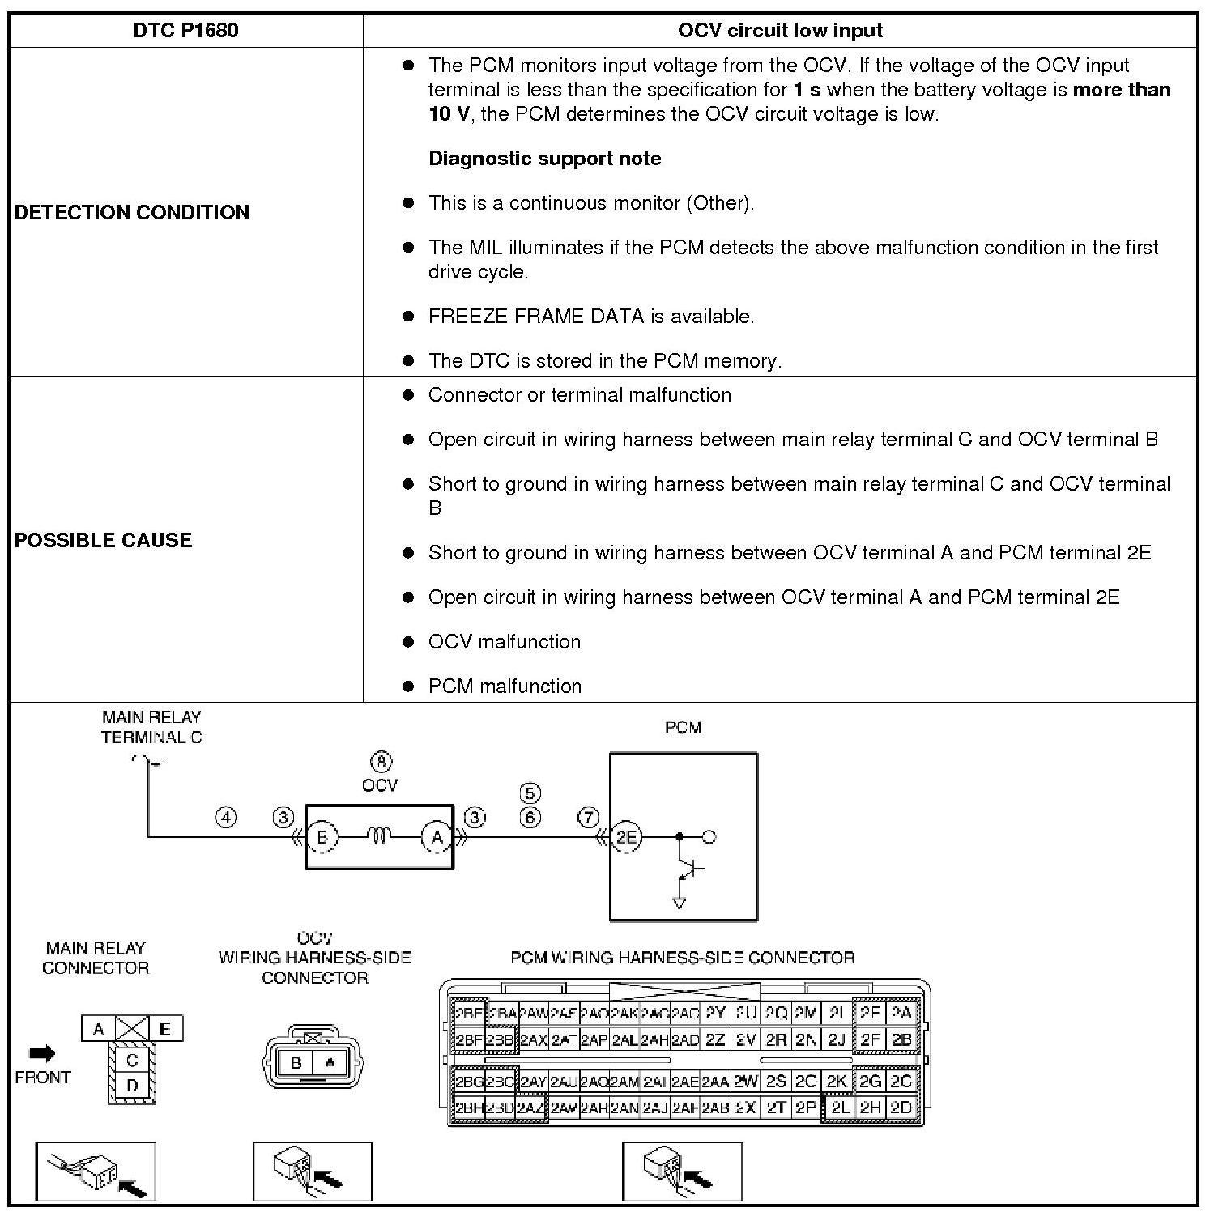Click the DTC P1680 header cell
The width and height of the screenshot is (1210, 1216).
[185, 31]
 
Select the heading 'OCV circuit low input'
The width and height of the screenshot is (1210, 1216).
[779, 31]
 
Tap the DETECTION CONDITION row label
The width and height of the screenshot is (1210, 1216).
[132, 212]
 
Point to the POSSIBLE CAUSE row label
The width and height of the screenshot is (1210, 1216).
[103, 540]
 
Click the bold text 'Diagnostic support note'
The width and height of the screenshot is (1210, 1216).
[544, 159]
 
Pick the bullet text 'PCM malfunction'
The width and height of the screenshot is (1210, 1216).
[505, 687]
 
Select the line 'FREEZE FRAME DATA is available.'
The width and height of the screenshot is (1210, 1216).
[591, 317]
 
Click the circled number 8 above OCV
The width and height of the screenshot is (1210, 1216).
[381, 762]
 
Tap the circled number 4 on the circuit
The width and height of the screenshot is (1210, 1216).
[226, 818]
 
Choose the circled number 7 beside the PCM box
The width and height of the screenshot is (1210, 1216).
[588, 818]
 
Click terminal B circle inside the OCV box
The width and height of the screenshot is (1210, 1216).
[322, 837]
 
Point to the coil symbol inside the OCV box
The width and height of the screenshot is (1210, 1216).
[380, 836]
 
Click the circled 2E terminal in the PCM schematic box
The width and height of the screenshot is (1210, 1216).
[626, 837]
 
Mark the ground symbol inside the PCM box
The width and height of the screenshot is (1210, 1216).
[680, 902]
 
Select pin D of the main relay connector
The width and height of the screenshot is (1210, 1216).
[132, 1086]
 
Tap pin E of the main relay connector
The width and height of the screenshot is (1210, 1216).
[165, 1029]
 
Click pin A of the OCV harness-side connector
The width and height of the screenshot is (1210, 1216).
[330, 1062]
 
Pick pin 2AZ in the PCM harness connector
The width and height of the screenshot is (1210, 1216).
[530, 1108]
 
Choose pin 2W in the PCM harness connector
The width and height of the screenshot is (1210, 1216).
[746, 1082]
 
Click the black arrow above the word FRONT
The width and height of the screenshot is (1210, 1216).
[42, 1053]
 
